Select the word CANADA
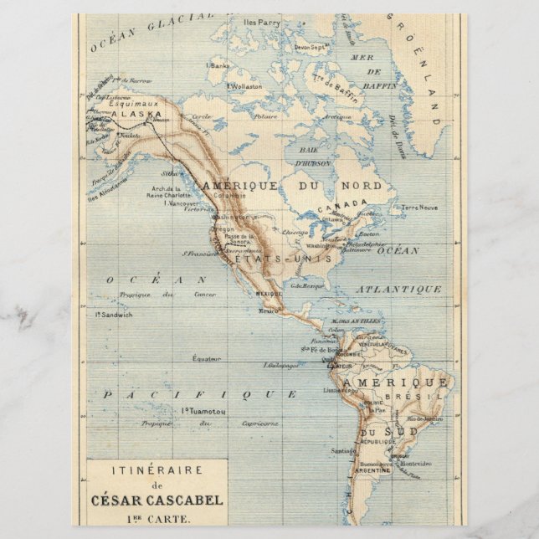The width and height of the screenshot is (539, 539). coord(341,205)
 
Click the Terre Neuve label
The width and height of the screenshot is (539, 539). coord(419,207)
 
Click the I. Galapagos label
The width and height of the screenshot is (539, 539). coord(280,366)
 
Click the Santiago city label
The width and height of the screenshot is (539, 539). coord(342,451)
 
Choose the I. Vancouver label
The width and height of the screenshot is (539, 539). coord(182,203)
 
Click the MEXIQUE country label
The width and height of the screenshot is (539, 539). coord(269,295)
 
